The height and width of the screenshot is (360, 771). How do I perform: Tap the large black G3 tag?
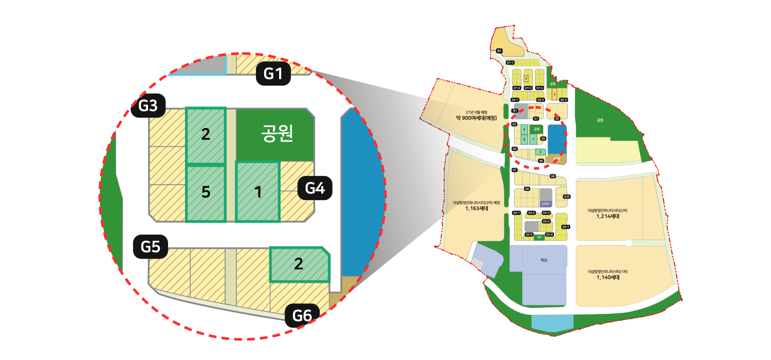tap(148, 106)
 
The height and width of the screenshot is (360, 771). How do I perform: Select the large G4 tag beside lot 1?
tap(315, 189)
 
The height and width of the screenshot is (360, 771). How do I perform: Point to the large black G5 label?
tap(151, 247)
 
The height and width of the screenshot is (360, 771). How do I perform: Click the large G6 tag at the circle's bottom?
tap(302, 316)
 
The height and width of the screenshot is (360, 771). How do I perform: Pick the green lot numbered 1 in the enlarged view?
tap(258, 192)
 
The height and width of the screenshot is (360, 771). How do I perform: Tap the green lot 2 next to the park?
tap(206, 135)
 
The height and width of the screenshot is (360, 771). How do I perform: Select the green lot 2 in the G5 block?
tap(299, 264)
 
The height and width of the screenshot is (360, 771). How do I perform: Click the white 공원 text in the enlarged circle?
tap(276, 133)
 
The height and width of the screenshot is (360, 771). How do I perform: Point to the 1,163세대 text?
tap(476, 208)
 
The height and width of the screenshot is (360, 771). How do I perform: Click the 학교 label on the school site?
tap(544, 261)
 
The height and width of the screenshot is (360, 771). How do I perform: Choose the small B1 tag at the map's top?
tap(499, 50)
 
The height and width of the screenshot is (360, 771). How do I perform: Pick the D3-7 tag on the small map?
tap(565, 227)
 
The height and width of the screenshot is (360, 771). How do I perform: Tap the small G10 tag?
tap(566, 196)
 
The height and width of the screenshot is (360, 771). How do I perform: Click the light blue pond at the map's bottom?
tap(552, 322)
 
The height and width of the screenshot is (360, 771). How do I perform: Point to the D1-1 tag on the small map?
tap(510, 63)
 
